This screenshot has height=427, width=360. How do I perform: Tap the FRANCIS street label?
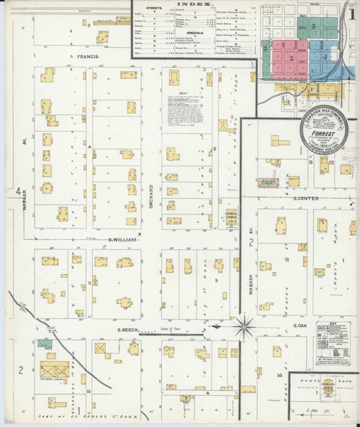pyautogui.click(x=84, y=55)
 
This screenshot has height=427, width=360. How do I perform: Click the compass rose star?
pyautogui.click(x=244, y=325)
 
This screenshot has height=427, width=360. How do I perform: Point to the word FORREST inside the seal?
pyautogui.click(x=323, y=131)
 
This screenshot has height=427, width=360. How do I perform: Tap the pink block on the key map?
pyautogui.click(x=291, y=58)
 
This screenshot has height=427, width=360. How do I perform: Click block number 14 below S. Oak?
pyautogui.click(x=279, y=374)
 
